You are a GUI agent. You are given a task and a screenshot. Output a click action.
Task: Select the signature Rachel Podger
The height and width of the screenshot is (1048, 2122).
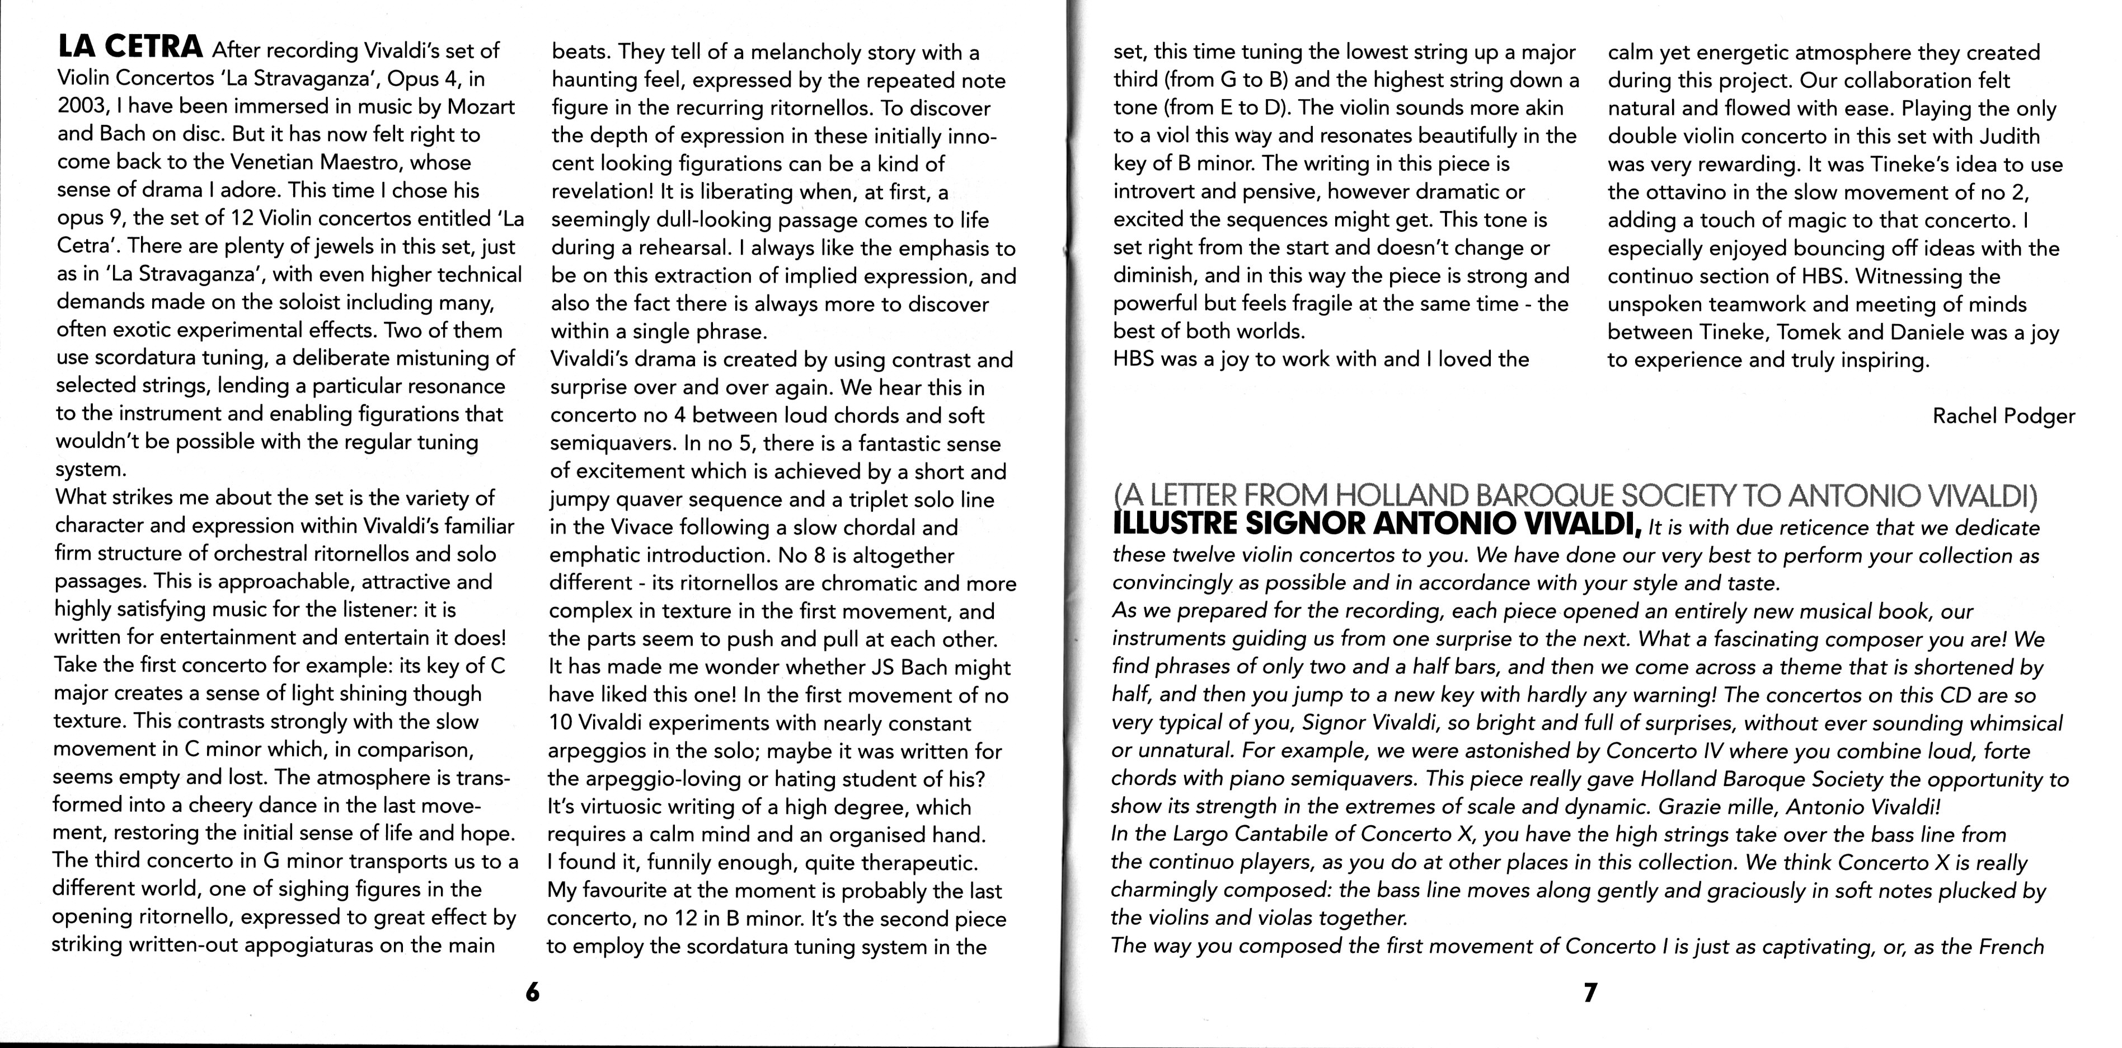click(x=2003, y=416)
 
